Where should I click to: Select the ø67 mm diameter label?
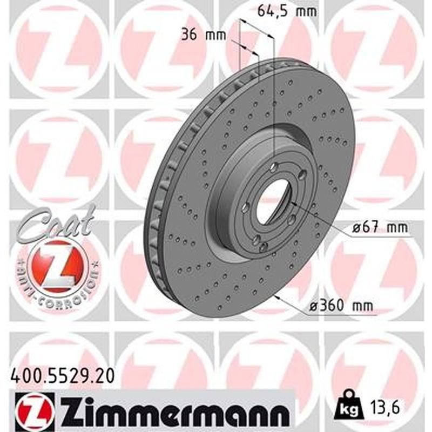[380, 228]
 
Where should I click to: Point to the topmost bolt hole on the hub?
[275, 166]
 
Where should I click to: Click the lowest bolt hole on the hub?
[264, 246]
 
